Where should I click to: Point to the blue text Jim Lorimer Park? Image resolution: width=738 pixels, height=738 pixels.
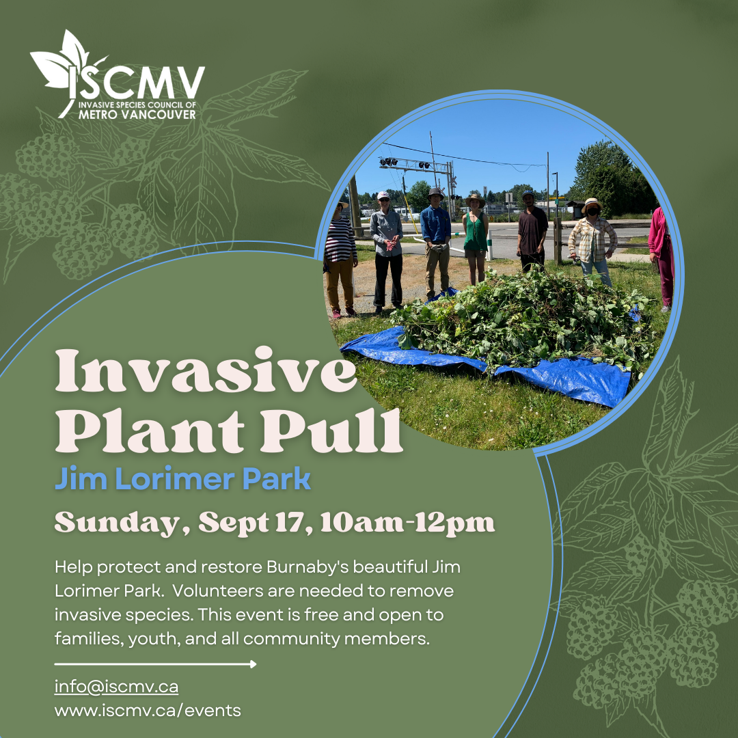(182, 480)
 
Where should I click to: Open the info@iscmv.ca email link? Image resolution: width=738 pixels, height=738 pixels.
(116, 686)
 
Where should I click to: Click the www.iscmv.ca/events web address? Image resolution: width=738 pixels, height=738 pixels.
(148, 710)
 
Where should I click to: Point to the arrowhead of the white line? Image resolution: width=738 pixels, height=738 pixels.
(253, 664)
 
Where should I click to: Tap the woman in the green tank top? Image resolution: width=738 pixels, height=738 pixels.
(476, 236)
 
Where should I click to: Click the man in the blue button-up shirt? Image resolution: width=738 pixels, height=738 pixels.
(435, 236)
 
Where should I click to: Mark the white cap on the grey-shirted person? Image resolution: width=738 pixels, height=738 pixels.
(383, 195)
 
